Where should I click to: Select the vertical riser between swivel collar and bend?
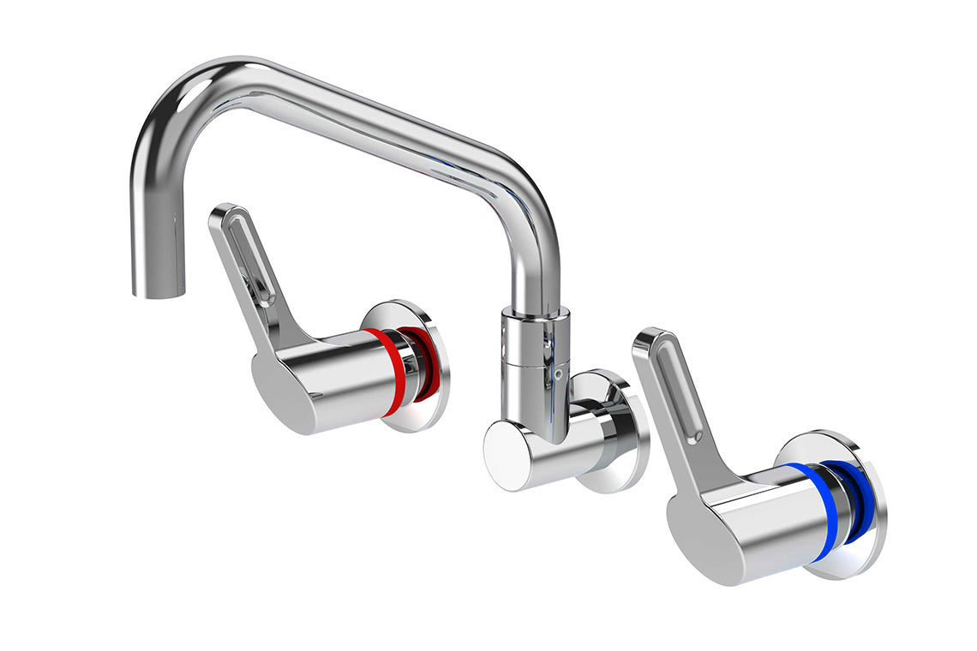[540, 266]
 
